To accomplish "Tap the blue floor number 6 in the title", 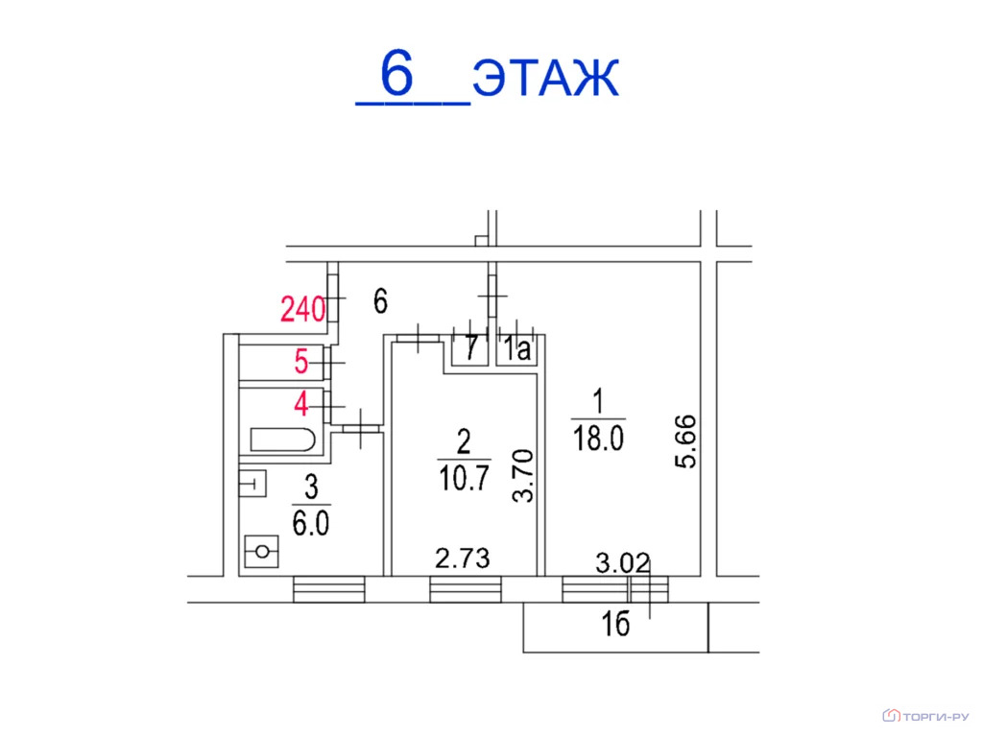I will [396, 74].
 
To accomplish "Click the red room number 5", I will [300, 363].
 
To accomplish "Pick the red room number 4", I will [300, 404].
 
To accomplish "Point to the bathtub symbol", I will [282, 440].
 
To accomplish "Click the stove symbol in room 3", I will [261, 552].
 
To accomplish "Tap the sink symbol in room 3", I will [253, 484].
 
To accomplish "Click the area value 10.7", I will [465, 477].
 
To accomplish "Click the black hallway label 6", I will [380, 303].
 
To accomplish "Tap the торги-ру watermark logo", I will [926, 715].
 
